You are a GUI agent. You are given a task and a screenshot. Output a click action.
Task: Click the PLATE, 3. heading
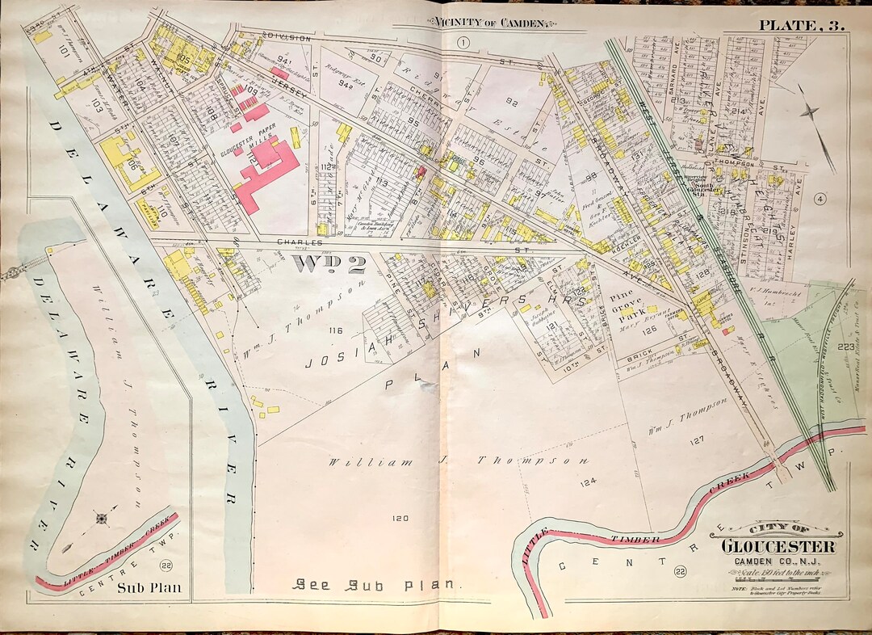(x=800, y=24)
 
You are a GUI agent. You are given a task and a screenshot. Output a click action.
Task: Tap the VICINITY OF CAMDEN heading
(x=490, y=23)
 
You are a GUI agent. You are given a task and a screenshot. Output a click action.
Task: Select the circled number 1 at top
(x=463, y=43)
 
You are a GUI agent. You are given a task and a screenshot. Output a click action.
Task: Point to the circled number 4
(x=820, y=200)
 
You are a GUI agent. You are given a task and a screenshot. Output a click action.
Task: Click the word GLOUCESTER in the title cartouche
(x=778, y=547)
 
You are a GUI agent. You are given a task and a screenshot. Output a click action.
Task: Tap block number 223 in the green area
(x=845, y=347)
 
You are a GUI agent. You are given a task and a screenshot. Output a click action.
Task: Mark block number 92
(x=510, y=102)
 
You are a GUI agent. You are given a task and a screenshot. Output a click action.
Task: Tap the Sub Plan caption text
(x=151, y=587)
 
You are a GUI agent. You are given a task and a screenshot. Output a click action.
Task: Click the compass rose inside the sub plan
(x=103, y=518)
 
